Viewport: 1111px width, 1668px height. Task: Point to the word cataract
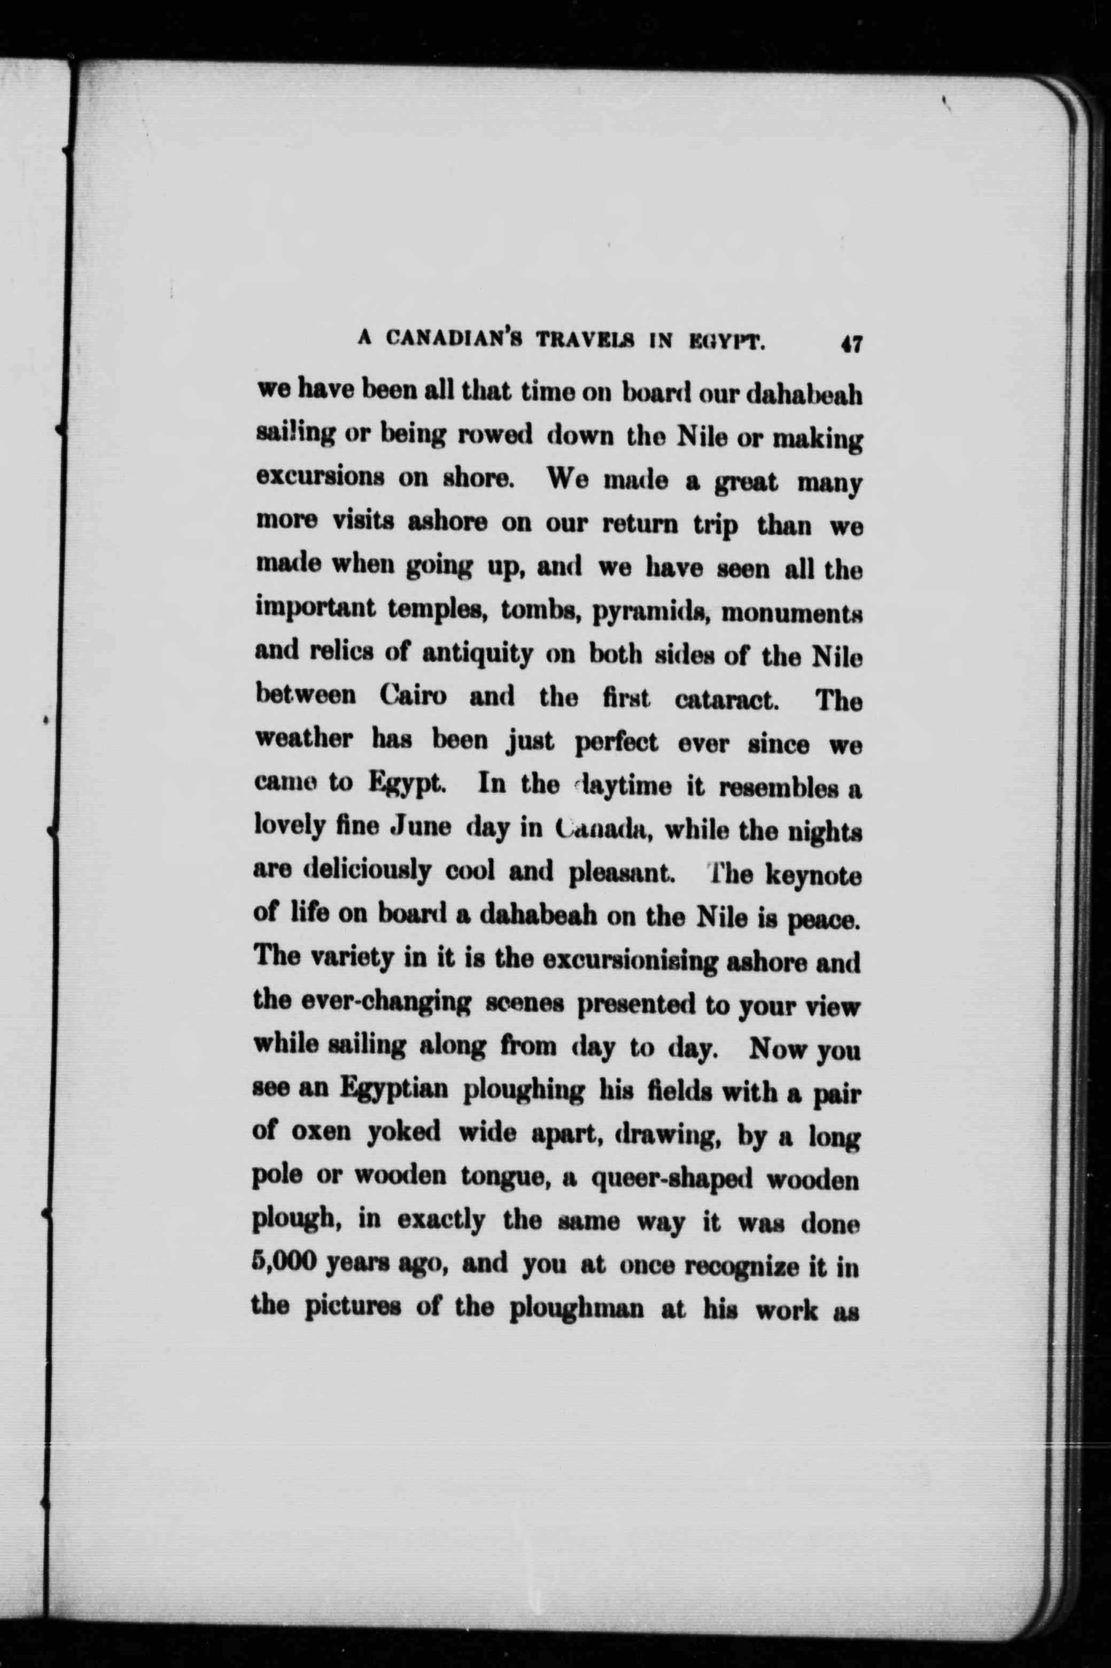click(728, 700)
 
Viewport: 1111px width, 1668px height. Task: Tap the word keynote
click(813, 876)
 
